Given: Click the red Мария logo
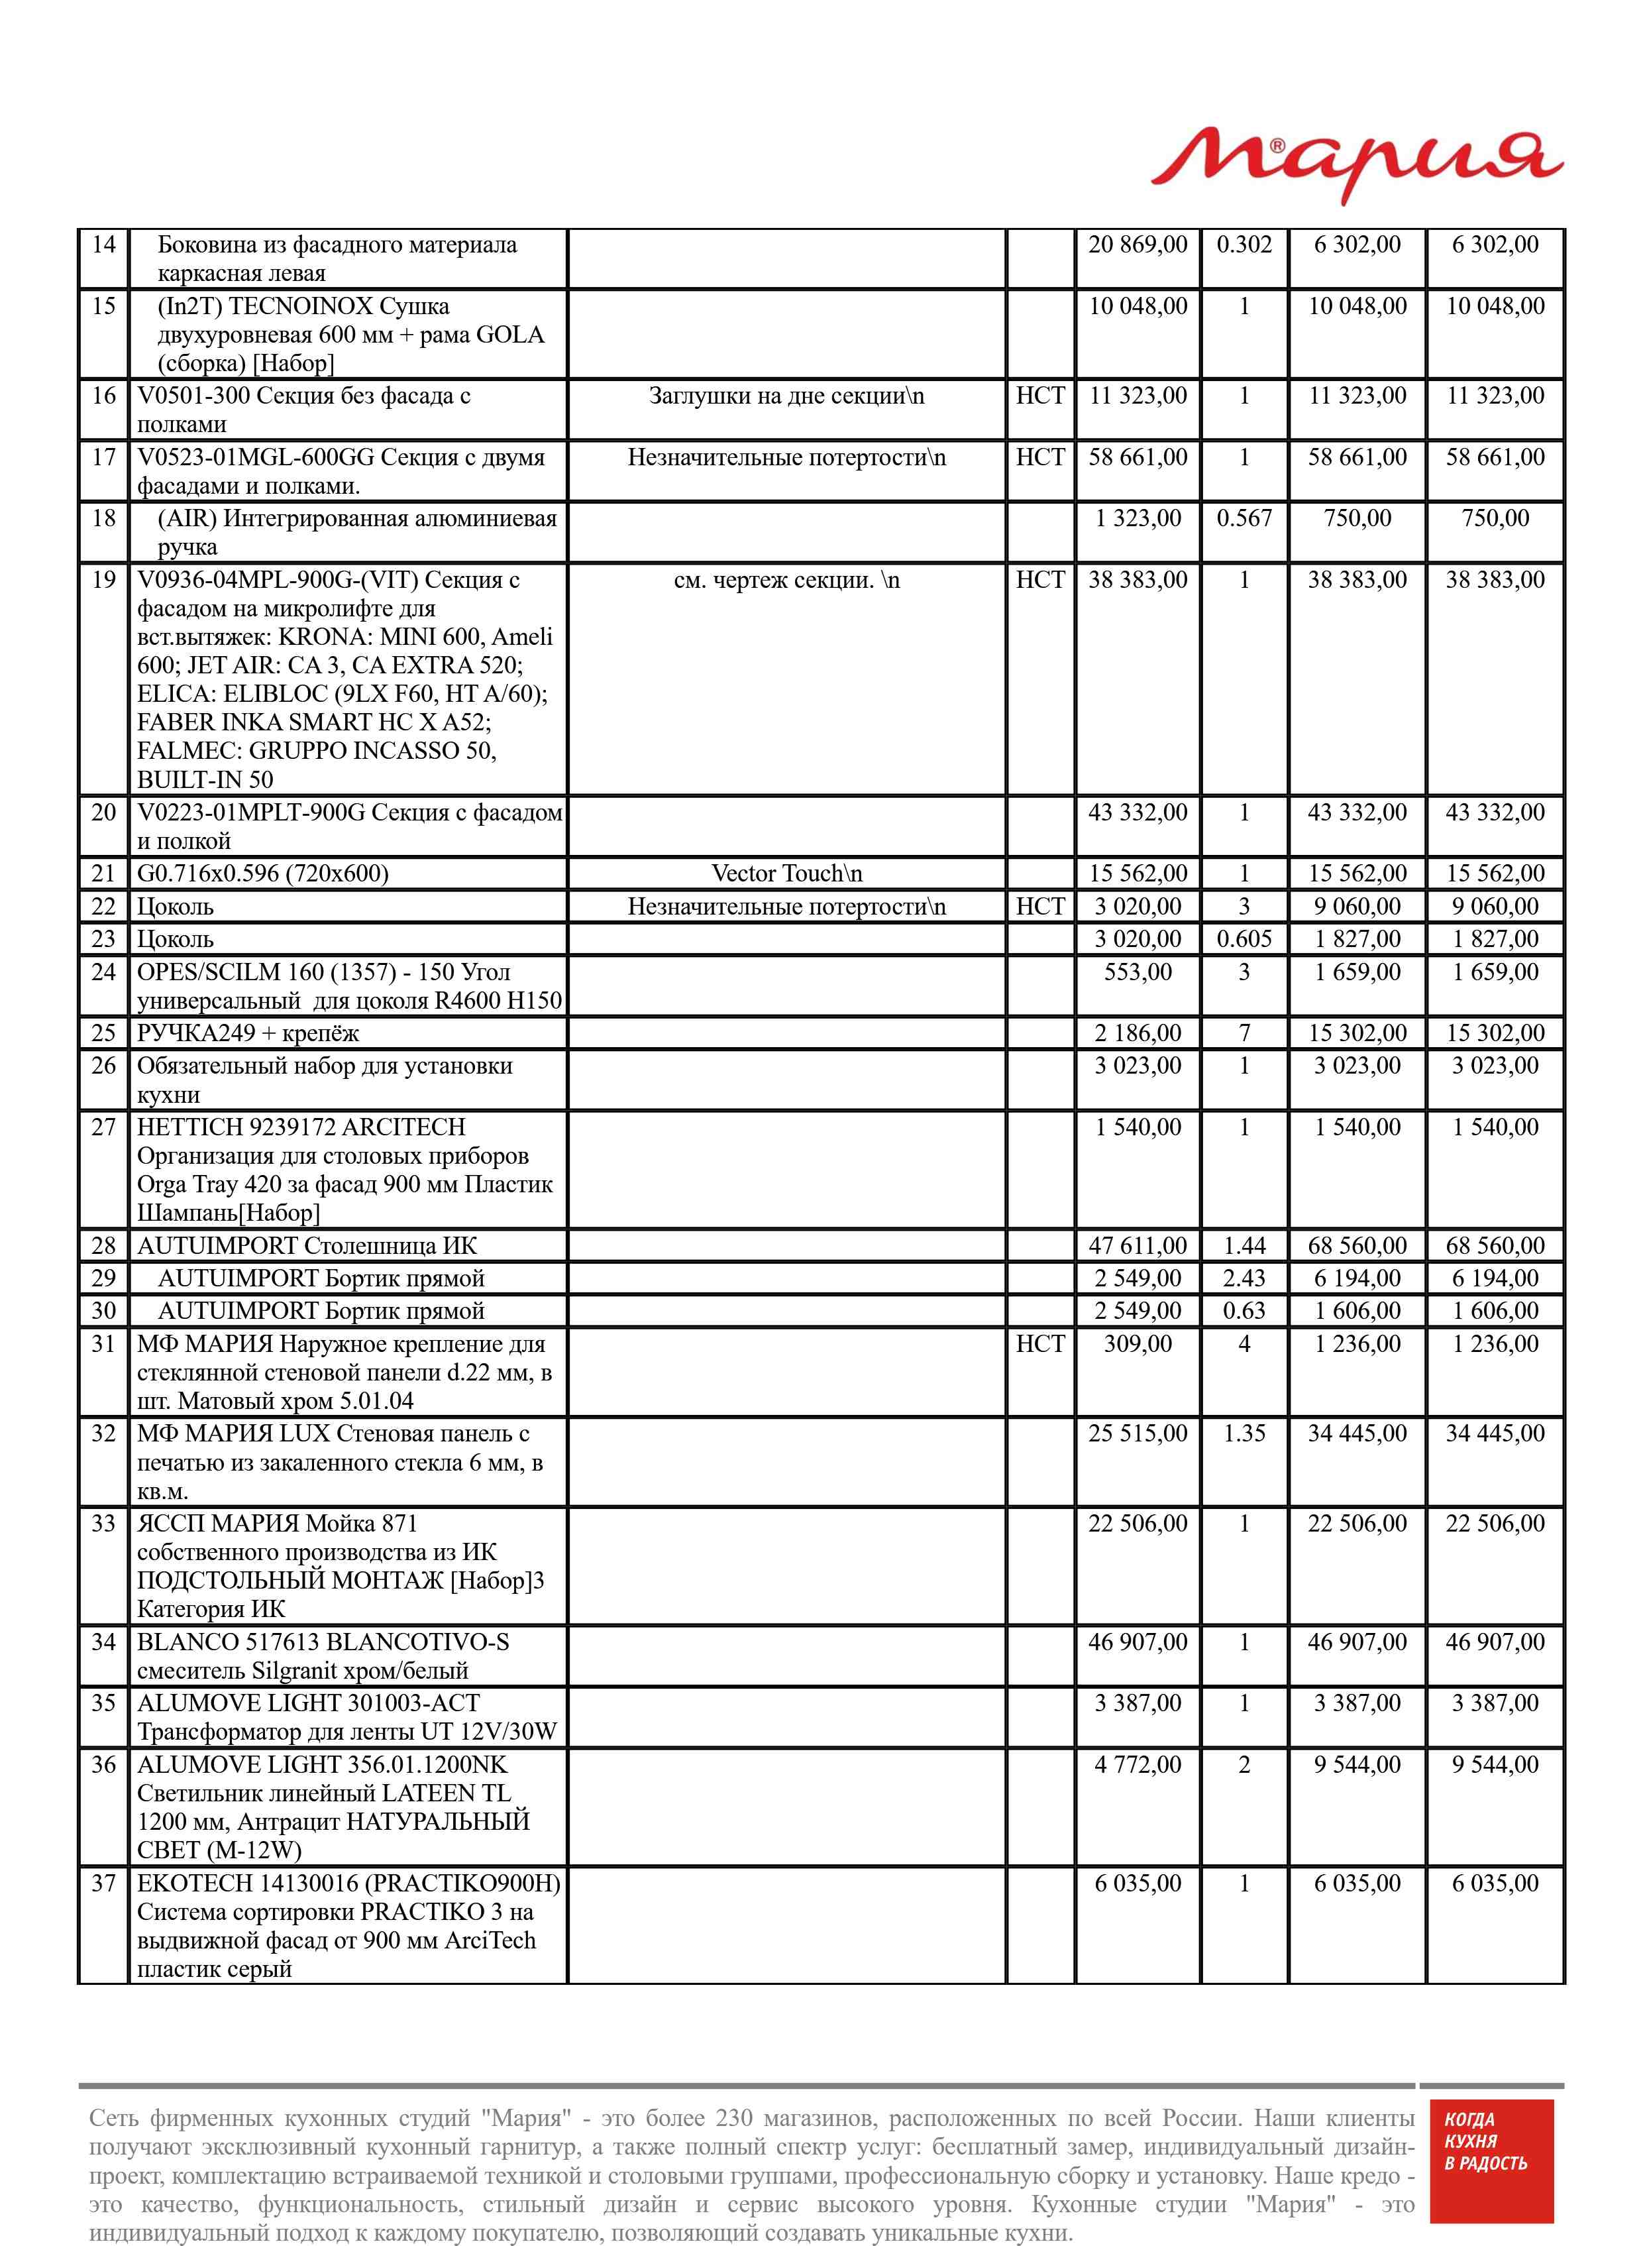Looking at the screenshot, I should coord(1357,164).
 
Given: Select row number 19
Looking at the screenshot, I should coord(103,580).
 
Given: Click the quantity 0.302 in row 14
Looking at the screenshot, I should coord(1244,245).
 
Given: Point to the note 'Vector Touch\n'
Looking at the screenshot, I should coord(786,873).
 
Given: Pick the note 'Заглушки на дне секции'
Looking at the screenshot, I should coord(786,396).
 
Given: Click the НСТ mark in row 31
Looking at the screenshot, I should coord(1039,1344).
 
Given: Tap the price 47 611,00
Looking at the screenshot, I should coord(1137,1245).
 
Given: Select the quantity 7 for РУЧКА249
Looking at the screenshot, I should coord(1244,1033).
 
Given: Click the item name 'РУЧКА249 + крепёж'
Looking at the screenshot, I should coord(248,1033).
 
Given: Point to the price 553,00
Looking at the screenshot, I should coord(1137,972).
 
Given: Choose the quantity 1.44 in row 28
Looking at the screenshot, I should coord(1244,1245).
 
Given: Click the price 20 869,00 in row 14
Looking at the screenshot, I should coord(1137,245).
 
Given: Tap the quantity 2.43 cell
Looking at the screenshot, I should coord(1244,1278).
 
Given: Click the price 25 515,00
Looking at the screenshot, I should coord(1137,1433).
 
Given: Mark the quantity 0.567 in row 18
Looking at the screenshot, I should coord(1244,518).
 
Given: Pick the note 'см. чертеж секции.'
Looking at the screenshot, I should coord(786,580).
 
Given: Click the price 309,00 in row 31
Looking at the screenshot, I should coord(1137,1344).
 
